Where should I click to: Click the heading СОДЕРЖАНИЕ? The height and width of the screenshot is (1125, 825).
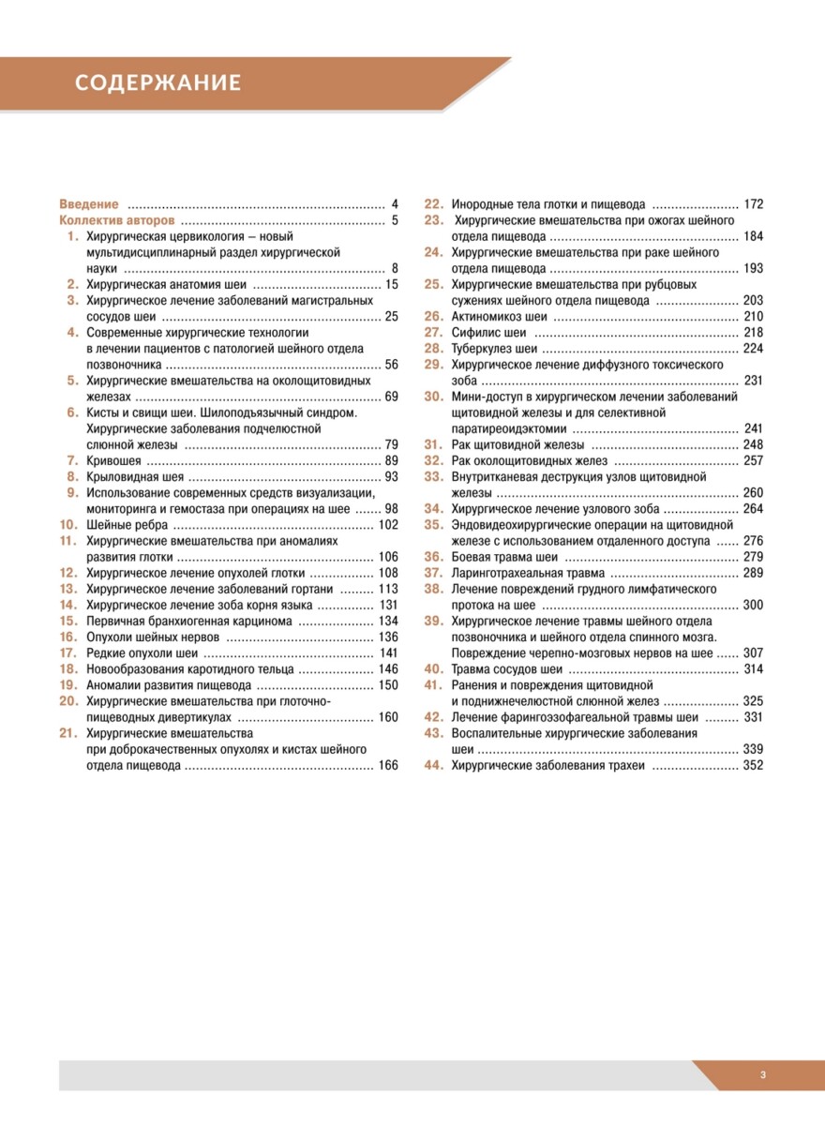[157, 83]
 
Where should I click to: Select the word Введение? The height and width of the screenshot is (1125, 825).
[89, 204]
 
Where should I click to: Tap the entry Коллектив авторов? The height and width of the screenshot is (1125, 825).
[116, 221]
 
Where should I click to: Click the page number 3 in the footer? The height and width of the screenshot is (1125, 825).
[763, 1075]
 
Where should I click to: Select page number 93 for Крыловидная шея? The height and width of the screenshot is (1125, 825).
[391, 477]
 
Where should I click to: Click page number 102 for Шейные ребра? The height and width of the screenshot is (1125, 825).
[387, 525]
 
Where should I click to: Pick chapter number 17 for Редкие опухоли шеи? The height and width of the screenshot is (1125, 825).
[67, 652]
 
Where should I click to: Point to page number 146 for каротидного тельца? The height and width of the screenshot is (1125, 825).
[387, 669]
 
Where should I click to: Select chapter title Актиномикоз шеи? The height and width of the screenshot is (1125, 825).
[499, 316]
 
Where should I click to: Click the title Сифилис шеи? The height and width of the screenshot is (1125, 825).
[489, 332]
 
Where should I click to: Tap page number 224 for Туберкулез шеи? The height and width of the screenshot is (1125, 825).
[753, 349]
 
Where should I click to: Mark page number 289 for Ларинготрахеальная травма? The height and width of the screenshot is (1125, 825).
[753, 573]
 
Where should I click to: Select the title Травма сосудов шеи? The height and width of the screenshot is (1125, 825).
[507, 668]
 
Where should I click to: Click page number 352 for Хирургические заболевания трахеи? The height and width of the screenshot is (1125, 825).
[753, 765]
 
